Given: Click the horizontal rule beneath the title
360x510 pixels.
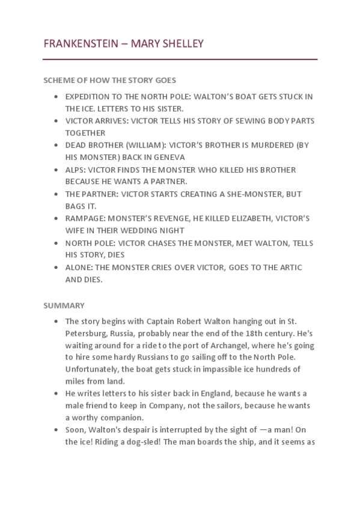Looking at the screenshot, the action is (x=180, y=60).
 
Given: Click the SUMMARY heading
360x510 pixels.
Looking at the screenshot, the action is (x=64, y=306).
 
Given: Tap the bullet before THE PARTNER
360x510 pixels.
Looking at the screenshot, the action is (x=56, y=194).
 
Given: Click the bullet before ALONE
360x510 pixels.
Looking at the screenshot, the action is (x=56, y=268).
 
